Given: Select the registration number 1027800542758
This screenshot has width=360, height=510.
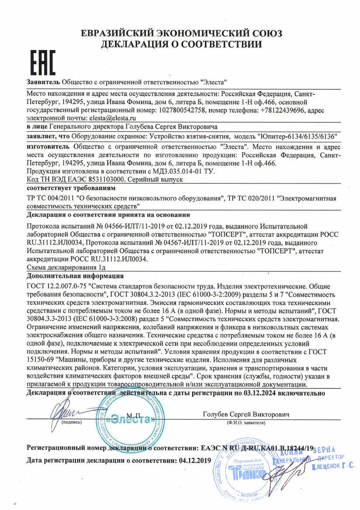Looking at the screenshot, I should coord(176,110).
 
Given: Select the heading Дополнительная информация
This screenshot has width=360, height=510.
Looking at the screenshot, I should coord(75,276).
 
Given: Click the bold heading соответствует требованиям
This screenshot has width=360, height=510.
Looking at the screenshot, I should coord(71,188).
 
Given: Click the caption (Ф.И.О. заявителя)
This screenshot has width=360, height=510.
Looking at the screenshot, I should coord(246,423).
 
